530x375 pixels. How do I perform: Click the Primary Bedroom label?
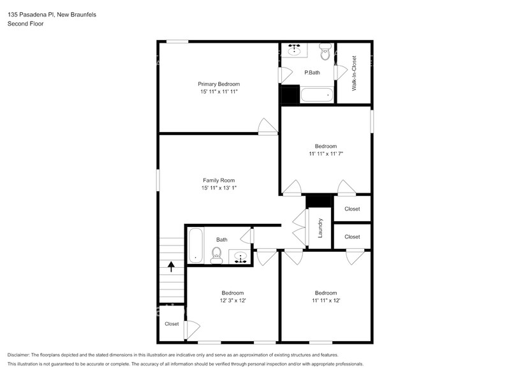(x=218, y=84)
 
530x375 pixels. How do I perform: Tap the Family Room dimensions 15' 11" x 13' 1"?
(x=219, y=188)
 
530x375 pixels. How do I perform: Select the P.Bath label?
(x=312, y=73)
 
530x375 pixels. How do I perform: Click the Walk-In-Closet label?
(x=355, y=73)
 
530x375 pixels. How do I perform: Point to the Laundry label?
(x=320, y=228)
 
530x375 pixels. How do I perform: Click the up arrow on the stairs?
(x=171, y=266)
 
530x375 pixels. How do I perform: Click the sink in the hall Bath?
(x=240, y=258)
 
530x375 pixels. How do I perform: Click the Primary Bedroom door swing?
(x=267, y=127)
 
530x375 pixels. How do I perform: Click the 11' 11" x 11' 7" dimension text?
(x=326, y=154)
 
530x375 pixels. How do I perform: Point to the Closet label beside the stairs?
(x=172, y=324)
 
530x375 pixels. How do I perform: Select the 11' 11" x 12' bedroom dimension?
(x=326, y=301)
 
